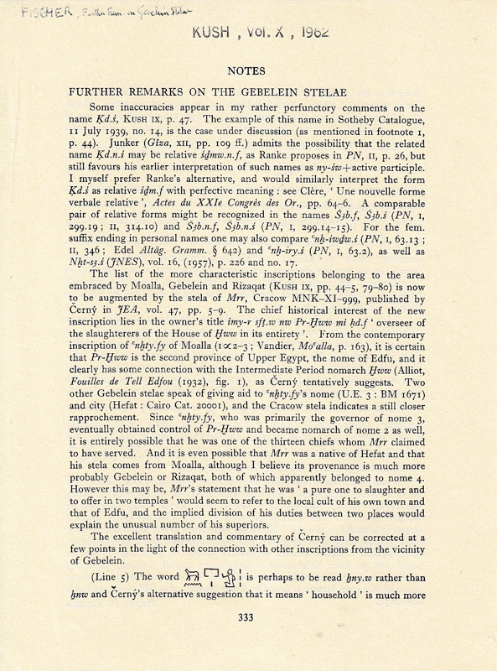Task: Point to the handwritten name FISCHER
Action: pyautogui.click(x=27, y=12)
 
